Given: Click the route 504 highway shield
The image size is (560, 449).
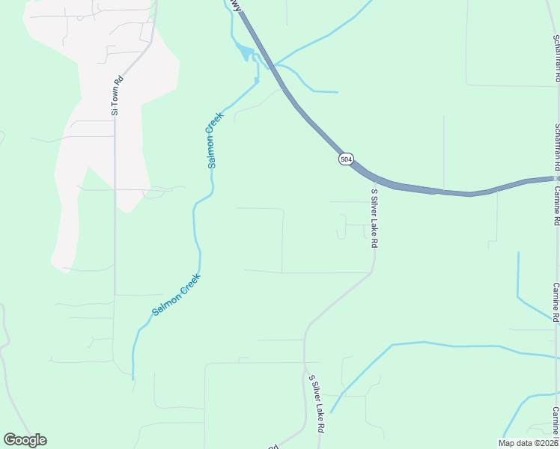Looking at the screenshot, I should (x=345, y=159).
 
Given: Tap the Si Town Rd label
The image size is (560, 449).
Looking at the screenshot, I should (x=115, y=95).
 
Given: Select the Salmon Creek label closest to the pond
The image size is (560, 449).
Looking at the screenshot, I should (x=215, y=139).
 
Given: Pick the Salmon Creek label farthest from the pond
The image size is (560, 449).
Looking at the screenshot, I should (x=177, y=293).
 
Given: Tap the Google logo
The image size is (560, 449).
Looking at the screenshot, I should (x=25, y=440).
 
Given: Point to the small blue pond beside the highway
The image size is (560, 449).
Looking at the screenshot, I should (x=244, y=52).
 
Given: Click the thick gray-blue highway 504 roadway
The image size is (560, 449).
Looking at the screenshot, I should (x=449, y=192).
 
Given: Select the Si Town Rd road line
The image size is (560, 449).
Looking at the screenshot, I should (x=115, y=224).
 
